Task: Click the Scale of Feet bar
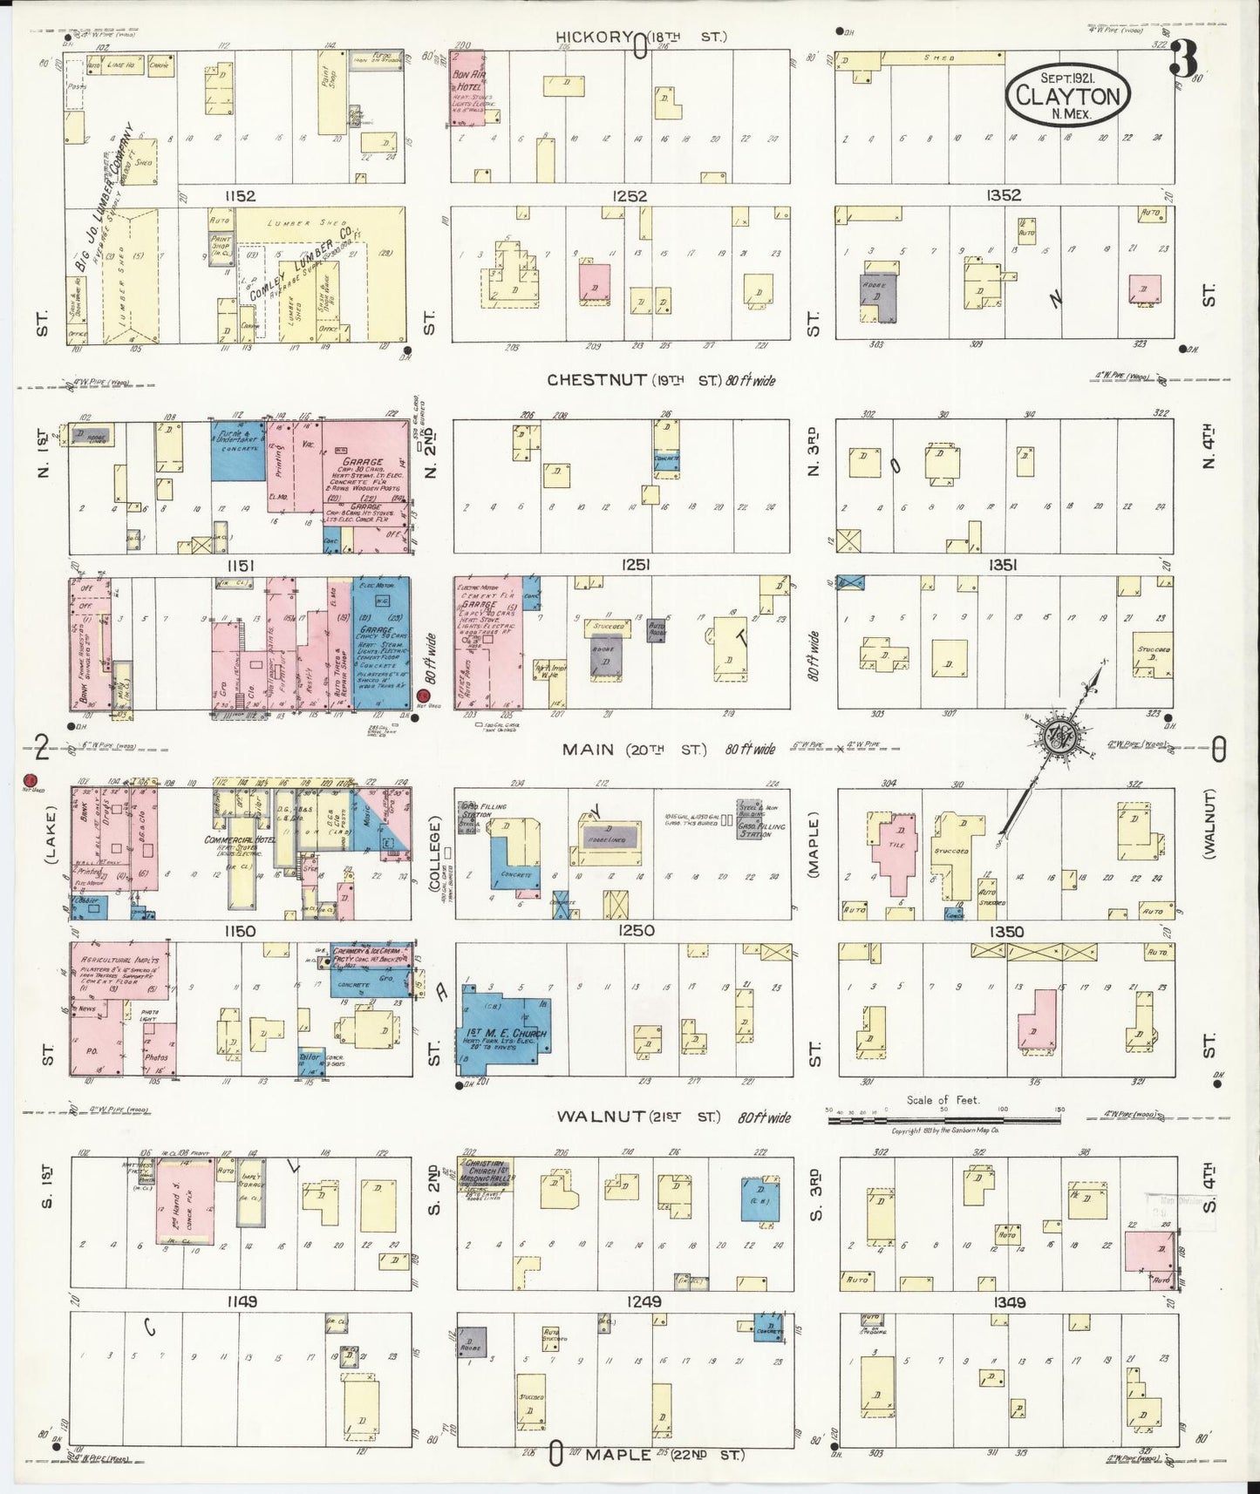click(x=943, y=1118)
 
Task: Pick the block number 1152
click(x=239, y=197)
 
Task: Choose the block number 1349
click(x=1008, y=1303)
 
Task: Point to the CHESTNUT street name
click(x=597, y=380)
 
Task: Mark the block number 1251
click(x=633, y=565)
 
